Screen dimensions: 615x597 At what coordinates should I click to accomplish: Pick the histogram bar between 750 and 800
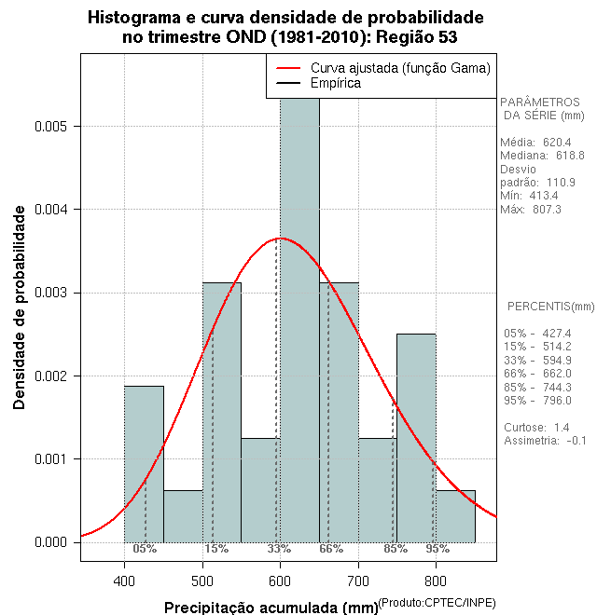[x=416, y=437]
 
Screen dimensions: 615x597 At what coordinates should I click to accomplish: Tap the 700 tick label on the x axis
[x=359, y=581]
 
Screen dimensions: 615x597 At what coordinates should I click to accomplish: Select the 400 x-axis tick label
[x=124, y=581]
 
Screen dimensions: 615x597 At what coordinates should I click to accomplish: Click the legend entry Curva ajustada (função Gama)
[x=400, y=68]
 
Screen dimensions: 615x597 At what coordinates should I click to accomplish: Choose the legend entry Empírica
[x=336, y=84]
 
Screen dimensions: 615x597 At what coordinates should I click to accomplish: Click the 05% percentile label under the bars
[x=145, y=549]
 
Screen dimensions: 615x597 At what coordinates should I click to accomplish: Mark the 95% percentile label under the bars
[x=437, y=549]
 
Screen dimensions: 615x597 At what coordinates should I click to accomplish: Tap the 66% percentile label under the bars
[x=331, y=549]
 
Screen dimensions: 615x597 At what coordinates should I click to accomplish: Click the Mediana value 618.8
[x=571, y=156]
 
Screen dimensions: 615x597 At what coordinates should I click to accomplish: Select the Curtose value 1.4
[x=562, y=427]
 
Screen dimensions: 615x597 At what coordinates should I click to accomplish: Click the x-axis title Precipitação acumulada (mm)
[x=271, y=608]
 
